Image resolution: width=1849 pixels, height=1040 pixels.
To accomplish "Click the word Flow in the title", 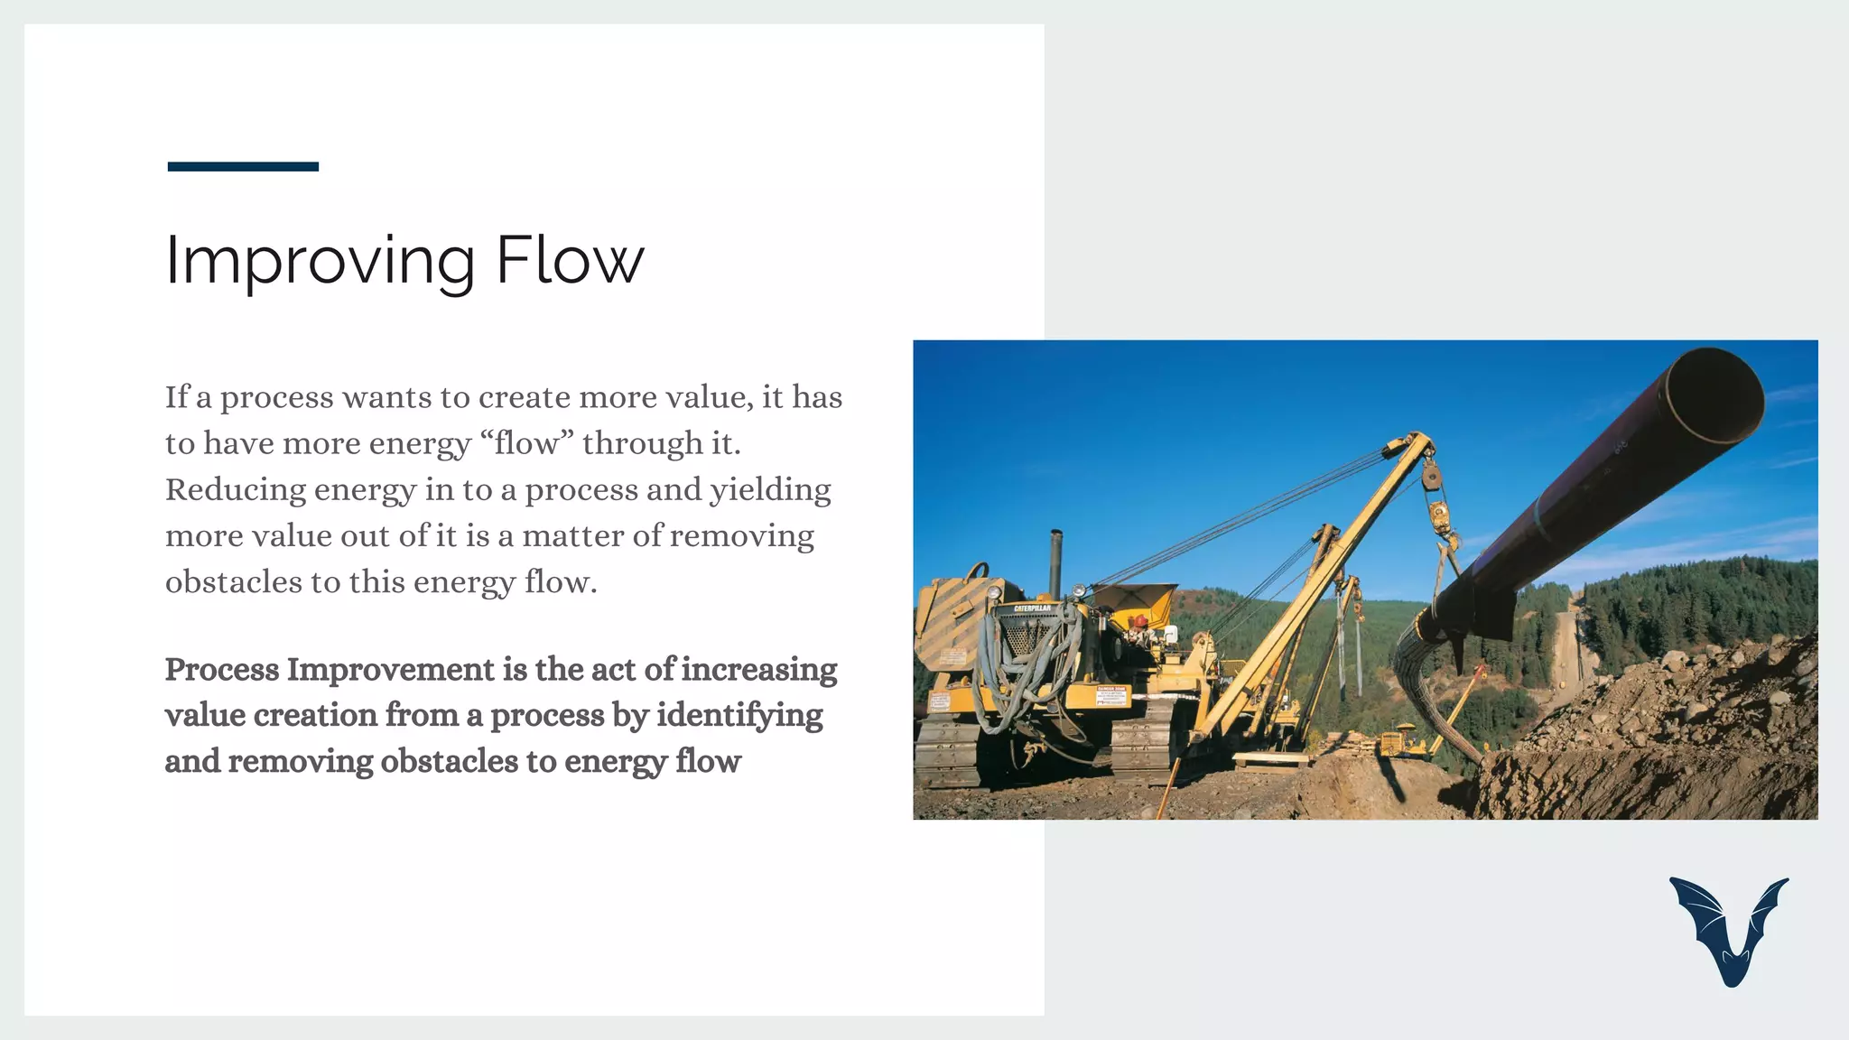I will coord(570,260).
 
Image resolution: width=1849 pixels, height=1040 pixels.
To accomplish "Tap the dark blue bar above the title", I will coord(243,166).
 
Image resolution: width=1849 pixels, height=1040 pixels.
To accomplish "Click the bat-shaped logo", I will coord(1729,930).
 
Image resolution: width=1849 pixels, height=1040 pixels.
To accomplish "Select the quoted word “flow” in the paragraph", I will coord(527,443).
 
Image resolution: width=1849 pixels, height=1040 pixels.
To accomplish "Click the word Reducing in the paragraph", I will coord(236,490).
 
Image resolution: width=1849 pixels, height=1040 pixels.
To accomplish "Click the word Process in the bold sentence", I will coord(221,670).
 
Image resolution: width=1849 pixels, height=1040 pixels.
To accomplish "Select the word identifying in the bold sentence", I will coord(739,716).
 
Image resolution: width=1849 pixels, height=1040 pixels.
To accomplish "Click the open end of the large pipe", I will coord(1714,395).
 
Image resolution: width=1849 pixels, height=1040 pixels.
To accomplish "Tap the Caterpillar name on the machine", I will coord(1031,608).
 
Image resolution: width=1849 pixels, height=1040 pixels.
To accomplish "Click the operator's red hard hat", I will coord(1141,620).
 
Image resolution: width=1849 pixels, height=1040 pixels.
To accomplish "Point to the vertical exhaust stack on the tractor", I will coord(1055,564).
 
